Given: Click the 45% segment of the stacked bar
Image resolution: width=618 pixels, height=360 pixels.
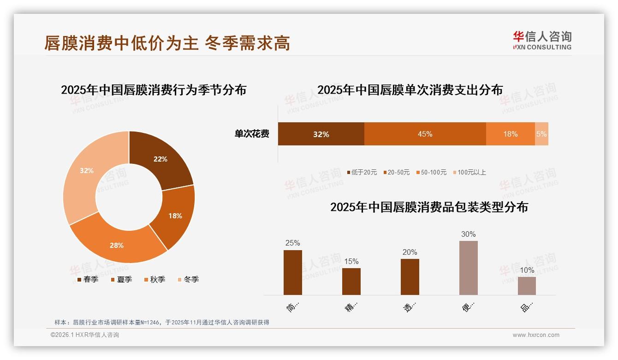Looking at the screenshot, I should click(x=425, y=134).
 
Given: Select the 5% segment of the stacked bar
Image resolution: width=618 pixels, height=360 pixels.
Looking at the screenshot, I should click(x=541, y=134).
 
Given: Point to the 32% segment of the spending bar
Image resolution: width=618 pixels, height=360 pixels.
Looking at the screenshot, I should click(x=321, y=134).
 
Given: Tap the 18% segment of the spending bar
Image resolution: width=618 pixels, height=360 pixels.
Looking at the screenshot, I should click(x=510, y=134).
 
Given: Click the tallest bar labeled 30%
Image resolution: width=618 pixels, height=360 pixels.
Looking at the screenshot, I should click(x=468, y=268).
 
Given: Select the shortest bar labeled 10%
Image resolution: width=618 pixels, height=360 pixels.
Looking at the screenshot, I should click(x=527, y=286).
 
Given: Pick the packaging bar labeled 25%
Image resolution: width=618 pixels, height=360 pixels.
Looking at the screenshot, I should click(x=292, y=272).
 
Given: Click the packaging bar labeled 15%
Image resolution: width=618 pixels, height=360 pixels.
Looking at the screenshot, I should click(x=351, y=281).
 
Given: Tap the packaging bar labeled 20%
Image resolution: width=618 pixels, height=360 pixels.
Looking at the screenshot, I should click(x=410, y=276).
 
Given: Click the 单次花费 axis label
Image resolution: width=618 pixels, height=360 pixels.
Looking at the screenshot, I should click(x=252, y=134).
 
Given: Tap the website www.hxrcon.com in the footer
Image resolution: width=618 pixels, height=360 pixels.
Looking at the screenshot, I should click(x=535, y=335).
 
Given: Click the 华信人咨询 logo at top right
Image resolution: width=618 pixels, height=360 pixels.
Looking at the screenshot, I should click(x=542, y=40).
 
